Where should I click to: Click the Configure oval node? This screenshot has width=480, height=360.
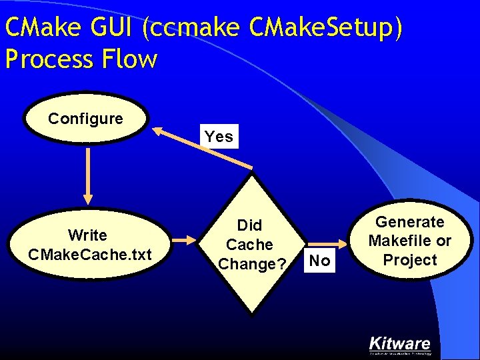(x=86, y=119)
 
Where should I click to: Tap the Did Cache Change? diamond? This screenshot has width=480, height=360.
(x=250, y=244)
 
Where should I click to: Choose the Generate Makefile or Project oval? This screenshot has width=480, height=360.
(x=409, y=241)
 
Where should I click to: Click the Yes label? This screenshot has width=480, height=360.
(x=219, y=137)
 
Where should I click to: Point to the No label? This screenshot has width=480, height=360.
(x=320, y=261)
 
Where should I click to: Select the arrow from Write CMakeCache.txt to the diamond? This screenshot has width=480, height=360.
(x=189, y=238)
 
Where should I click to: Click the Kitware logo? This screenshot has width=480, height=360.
(x=400, y=345)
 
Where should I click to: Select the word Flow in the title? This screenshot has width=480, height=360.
(x=130, y=59)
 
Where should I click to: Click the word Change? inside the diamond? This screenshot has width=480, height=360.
(x=252, y=264)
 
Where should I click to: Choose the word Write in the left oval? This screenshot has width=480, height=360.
(x=87, y=235)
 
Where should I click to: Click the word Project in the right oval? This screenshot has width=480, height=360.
(x=410, y=260)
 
